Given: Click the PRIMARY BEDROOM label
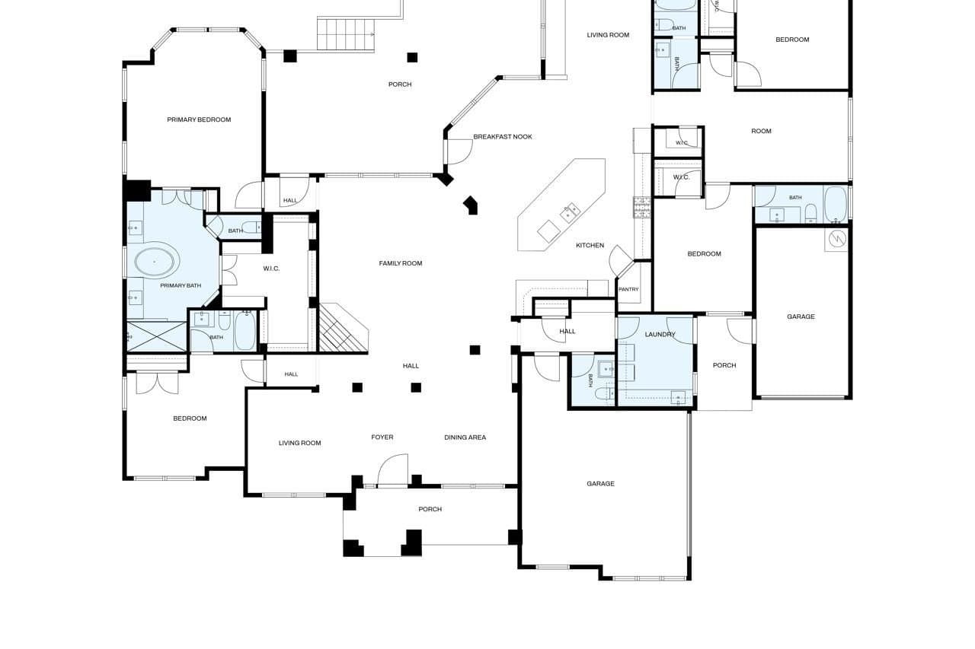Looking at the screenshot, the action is (199, 119).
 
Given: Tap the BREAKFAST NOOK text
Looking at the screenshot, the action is (503, 136).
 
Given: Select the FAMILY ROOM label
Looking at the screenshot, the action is (401, 263).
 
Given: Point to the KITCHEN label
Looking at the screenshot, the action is (590, 245).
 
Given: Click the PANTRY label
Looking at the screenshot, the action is (628, 289).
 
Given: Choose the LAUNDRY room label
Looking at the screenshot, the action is (660, 334).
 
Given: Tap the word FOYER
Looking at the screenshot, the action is (382, 437).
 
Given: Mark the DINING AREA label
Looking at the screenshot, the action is (465, 437).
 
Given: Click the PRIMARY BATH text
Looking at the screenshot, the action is (181, 285).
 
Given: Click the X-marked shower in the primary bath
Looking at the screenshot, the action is (156, 336).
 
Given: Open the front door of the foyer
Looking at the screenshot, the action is (392, 469).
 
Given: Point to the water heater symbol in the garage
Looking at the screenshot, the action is (837, 238).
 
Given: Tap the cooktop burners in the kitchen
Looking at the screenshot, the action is (641, 208).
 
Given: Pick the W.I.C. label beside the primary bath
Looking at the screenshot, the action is (271, 269).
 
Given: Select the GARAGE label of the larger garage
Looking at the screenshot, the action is (600, 483).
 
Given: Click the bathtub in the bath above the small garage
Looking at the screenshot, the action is (836, 204).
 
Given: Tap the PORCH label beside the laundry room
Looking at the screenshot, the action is (724, 365).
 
